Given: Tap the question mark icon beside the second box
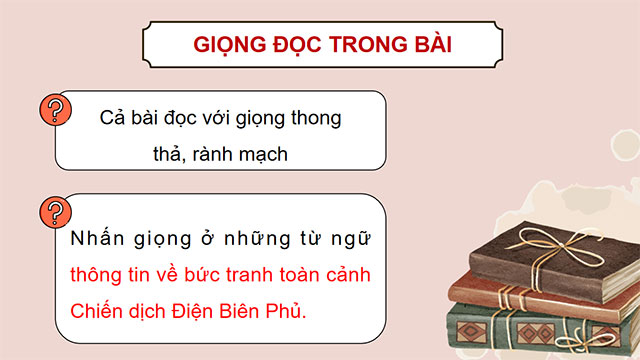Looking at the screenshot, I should tap(52, 212).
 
